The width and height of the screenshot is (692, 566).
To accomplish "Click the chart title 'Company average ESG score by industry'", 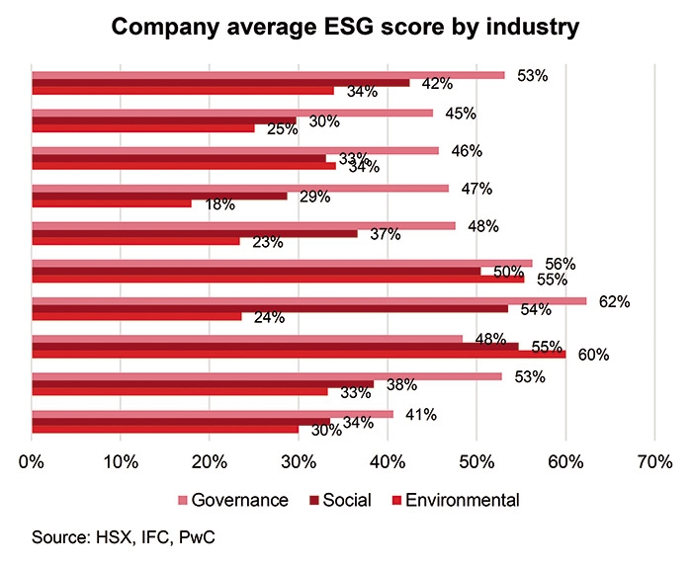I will (345, 27).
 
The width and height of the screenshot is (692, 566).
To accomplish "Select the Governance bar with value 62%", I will (309, 300).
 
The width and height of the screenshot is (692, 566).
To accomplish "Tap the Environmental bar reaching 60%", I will (299, 354).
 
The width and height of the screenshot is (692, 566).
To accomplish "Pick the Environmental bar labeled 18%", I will (112, 204).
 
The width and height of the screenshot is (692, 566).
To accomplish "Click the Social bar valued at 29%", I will (160, 196).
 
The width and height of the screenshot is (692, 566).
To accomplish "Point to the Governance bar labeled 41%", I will (213, 414).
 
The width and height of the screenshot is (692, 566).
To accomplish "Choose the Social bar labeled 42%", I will (220, 83).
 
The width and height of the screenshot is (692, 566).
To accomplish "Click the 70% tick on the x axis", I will (654, 460).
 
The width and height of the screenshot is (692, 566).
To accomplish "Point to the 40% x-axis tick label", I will (388, 460).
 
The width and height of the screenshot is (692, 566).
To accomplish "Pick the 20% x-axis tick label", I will (210, 460).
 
